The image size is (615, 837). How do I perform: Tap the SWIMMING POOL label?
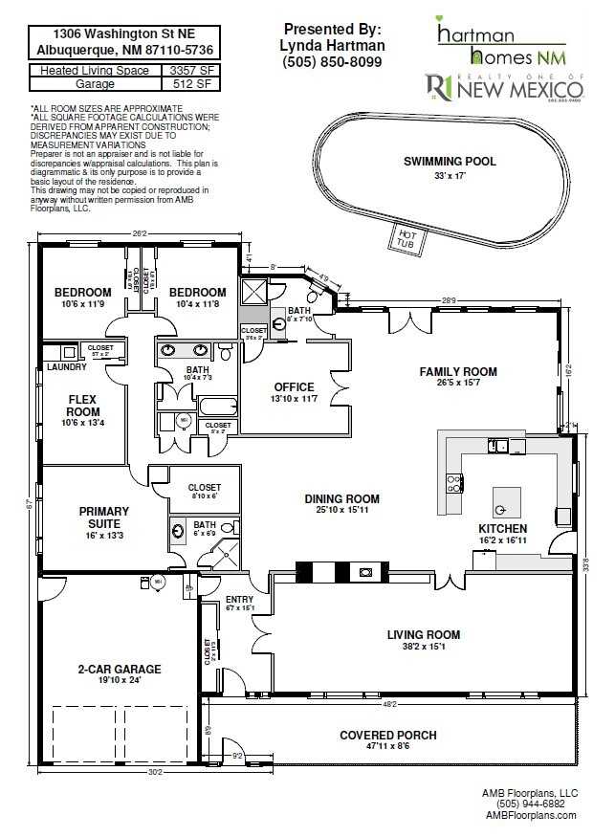point(450,162)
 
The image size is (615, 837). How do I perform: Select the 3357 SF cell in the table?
point(191,71)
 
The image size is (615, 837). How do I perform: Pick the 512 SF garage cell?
point(191,84)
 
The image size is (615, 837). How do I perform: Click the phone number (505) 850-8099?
point(332,62)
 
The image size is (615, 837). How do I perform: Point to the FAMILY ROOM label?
point(458,371)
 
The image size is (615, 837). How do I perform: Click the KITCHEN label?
point(502,528)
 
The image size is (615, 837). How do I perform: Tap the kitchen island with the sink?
point(506,500)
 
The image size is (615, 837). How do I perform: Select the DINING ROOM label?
point(341,498)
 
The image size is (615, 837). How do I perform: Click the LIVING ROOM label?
point(423,634)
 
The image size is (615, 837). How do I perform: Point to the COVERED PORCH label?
point(388,735)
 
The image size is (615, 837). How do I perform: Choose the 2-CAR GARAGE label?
point(120,669)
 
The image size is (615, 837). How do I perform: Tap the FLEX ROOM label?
point(83,406)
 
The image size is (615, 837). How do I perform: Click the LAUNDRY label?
point(67,366)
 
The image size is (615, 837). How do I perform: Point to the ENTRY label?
point(239,597)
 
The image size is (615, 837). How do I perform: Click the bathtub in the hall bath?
point(216,406)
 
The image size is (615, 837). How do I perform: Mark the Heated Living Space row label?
point(93,71)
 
